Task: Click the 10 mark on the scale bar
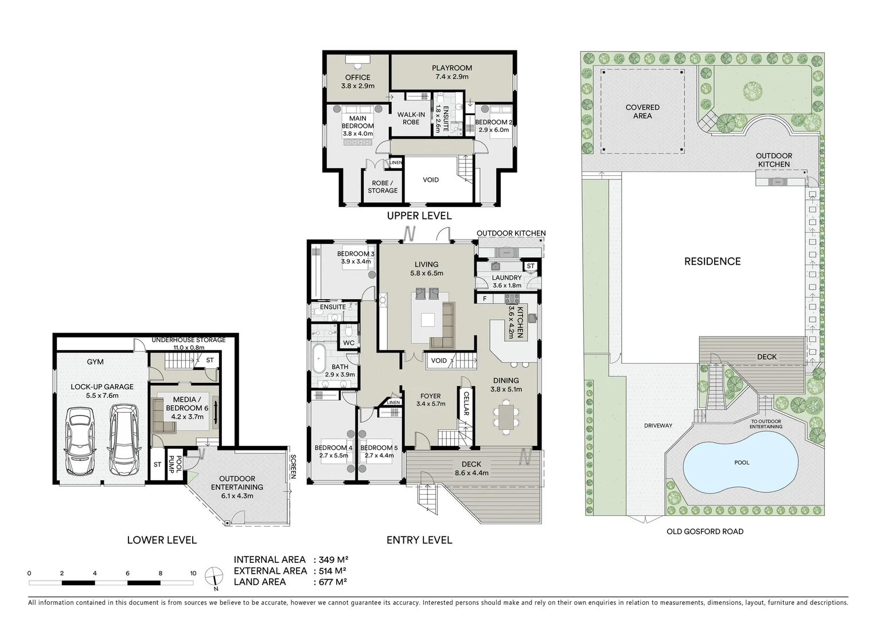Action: point(193,573)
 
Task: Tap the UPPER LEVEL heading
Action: point(419,216)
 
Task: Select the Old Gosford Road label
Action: point(704,531)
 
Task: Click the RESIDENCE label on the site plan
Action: point(712,261)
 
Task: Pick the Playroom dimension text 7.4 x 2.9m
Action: point(451,77)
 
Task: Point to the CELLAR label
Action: point(466,405)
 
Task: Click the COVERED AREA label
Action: point(642,111)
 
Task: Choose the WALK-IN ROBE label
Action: point(411,118)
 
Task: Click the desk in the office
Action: point(357,61)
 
